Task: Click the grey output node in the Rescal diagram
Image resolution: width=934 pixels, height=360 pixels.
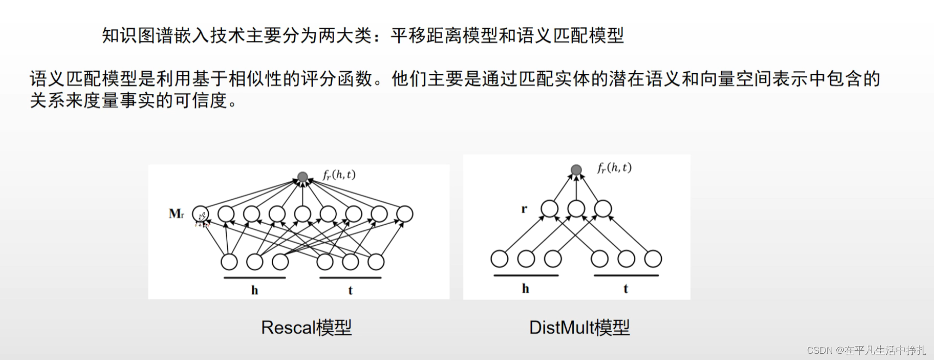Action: pyautogui.click(x=303, y=177)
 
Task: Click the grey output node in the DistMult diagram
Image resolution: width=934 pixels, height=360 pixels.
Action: pyautogui.click(x=577, y=170)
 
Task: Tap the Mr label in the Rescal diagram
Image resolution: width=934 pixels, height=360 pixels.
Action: pyautogui.click(x=176, y=214)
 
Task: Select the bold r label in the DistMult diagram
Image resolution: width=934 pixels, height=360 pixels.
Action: pyautogui.click(x=524, y=209)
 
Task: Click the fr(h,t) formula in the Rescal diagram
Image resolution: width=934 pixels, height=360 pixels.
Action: pyautogui.click(x=339, y=175)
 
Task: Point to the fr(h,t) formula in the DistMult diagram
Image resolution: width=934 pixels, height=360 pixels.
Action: pyautogui.click(x=614, y=168)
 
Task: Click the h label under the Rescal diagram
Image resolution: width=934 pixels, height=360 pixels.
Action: pyautogui.click(x=255, y=290)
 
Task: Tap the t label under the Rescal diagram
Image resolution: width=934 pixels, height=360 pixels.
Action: pyautogui.click(x=350, y=290)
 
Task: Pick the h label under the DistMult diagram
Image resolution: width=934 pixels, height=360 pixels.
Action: pyautogui.click(x=525, y=289)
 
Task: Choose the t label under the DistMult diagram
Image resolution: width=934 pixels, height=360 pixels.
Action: pyautogui.click(x=626, y=289)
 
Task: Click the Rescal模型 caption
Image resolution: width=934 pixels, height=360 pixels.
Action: pyautogui.click(x=306, y=327)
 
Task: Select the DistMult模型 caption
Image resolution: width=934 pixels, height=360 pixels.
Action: pyautogui.click(x=580, y=327)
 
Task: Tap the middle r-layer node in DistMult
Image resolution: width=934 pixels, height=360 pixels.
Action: pyautogui.click(x=576, y=209)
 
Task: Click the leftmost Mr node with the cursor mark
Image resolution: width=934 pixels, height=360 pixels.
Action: pyautogui.click(x=200, y=214)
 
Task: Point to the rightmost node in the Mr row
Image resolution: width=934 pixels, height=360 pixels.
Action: pyautogui.click(x=404, y=214)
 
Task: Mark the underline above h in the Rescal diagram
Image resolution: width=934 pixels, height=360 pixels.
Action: pyautogui.click(x=255, y=278)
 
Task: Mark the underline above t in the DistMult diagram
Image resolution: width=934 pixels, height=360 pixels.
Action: pyautogui.click(x=626, y=276)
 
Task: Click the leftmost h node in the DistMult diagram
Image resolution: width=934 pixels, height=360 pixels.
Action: pyautogui.click(x=499, y=259)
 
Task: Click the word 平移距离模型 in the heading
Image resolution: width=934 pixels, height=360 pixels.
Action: pyautogui.click(x=434, y=35)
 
